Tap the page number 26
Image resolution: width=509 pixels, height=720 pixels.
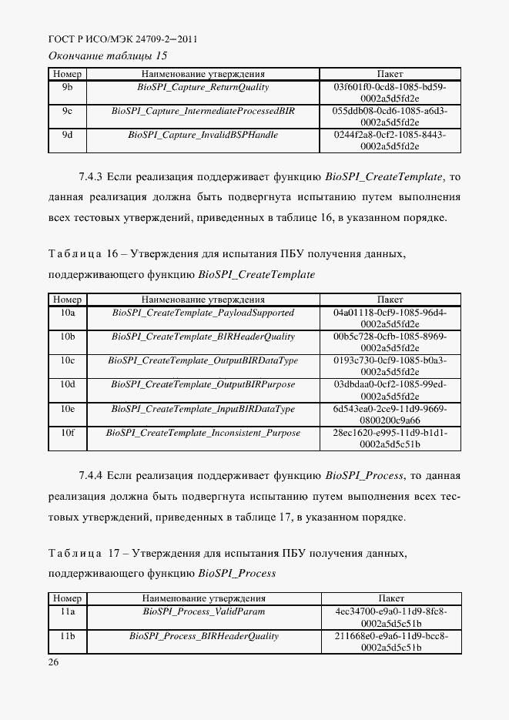pos(54,661)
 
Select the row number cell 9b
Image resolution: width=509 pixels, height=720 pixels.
pos(67,87)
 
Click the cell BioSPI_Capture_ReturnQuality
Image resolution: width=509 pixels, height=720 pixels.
pos(203,87)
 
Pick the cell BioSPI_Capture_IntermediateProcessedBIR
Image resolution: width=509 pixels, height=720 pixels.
pos(203,111)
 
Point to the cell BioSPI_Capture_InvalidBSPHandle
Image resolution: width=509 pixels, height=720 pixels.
pos(203,135)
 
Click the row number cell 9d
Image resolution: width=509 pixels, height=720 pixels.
pos(67,135)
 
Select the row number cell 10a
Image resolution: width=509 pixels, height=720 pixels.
pos(67,313)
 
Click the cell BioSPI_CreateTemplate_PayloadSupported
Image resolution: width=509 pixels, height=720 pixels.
pos(203,313)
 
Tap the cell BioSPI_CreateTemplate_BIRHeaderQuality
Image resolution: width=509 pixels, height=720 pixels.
pos(203,337)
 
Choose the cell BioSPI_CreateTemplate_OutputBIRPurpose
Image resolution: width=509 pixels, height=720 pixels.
pos(203,384)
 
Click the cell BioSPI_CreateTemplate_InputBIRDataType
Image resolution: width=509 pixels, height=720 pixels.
pos(203,408)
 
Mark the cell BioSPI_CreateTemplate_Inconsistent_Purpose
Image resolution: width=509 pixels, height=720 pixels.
pos(203,433)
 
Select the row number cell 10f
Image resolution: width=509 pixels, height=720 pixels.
pos(67,433)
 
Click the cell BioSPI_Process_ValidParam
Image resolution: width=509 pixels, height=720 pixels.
pos(203,611)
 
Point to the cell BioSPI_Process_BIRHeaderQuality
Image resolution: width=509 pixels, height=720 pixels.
pos(203,636)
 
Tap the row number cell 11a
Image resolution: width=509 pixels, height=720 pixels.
pos(67,611)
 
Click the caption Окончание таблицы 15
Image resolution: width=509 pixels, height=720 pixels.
pos(108,55)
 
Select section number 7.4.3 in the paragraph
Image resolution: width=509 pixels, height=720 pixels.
pos(92,176)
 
